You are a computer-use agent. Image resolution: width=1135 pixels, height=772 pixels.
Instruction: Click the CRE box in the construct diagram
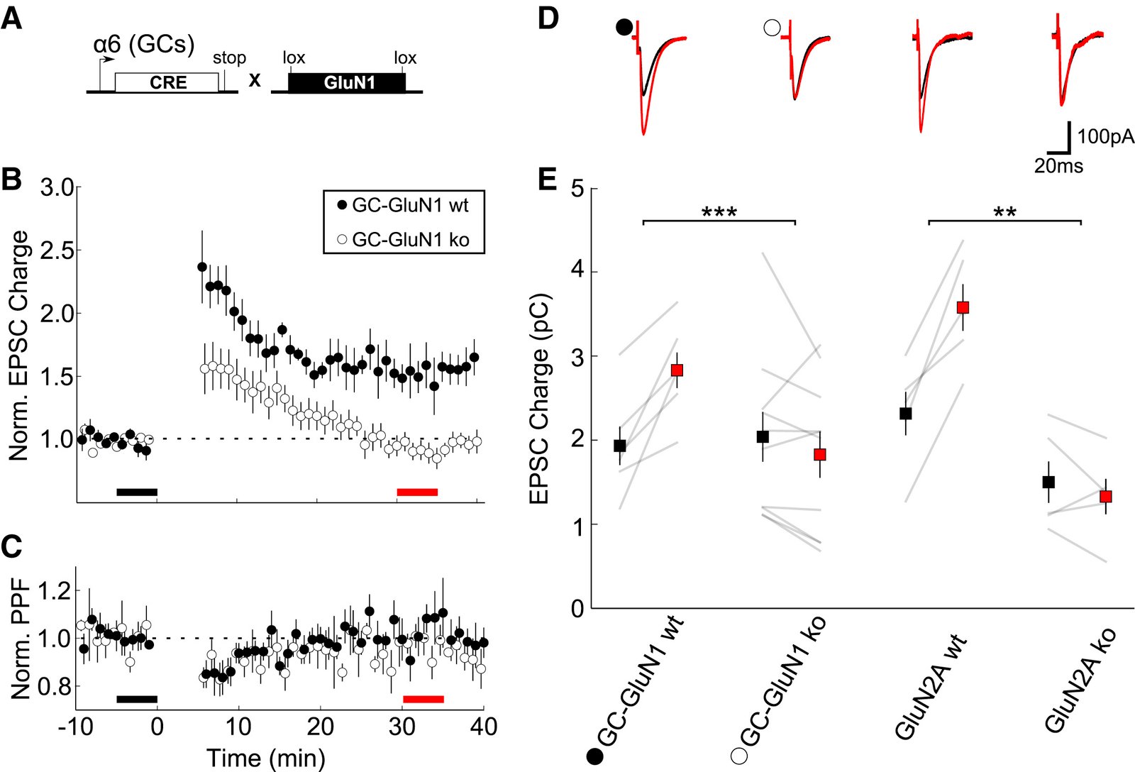[167, 83]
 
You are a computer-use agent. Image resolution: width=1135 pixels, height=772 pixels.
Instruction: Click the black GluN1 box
[348, 83]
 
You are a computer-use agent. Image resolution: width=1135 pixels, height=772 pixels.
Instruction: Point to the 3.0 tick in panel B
[57, 188]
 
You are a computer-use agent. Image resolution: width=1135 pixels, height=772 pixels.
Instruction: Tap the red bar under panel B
[417, 492]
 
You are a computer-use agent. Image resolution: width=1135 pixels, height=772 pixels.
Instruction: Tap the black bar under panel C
[136, 699]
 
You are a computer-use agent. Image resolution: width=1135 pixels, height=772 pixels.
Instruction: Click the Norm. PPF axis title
[21, 639]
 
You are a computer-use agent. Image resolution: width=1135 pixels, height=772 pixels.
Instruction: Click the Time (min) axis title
[265, 758]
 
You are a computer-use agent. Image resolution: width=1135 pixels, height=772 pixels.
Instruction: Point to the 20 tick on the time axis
[320, 727]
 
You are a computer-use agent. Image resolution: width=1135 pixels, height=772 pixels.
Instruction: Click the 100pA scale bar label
[1105, 136]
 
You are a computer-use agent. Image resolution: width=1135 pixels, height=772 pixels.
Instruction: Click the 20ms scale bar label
[1058, 166]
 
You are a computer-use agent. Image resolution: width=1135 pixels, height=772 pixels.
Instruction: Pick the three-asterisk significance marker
[719, 212]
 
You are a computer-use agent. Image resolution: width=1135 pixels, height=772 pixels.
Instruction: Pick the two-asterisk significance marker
[1004, 212]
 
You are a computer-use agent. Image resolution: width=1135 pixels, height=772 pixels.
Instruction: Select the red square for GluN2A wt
[963, 307]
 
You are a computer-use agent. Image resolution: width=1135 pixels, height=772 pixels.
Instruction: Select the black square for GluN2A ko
[1048, 482]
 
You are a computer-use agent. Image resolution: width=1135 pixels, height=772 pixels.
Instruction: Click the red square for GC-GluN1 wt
[677, 370]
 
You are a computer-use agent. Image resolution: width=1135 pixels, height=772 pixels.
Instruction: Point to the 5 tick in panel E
[577, 189]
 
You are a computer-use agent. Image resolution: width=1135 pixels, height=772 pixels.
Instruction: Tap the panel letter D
[548, 18]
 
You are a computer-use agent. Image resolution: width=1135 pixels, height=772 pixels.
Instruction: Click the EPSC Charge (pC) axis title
[541, 398]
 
